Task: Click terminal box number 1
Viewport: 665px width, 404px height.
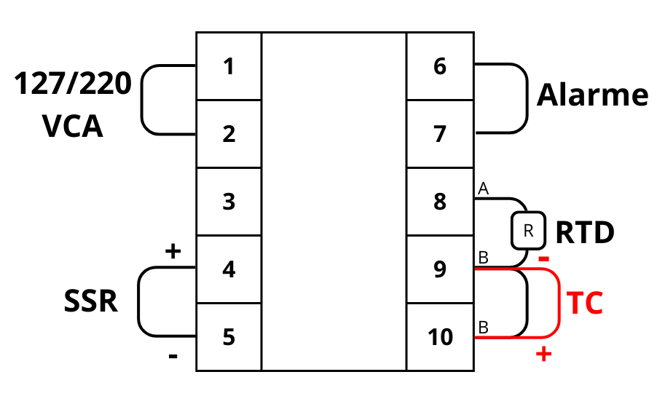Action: point(229,67)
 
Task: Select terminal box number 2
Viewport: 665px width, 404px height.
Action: point(229,134)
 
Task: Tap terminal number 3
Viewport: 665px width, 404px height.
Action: point(229,202)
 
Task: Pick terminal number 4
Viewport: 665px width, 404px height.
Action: point(229,269)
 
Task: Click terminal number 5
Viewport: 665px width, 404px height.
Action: point(229,337)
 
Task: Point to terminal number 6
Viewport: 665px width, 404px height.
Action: point(439,67)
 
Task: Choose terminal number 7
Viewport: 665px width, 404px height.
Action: point(439,134)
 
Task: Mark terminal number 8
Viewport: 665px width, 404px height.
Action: point(439,202)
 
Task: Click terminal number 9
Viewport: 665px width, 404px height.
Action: point(439,269)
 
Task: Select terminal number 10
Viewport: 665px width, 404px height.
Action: point(439,337)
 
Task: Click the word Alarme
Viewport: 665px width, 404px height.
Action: point(592,95)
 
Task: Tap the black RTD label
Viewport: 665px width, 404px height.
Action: point(585,233)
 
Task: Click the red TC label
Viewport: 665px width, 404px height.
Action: point(585,304)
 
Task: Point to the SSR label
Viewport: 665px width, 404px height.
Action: point(91,300)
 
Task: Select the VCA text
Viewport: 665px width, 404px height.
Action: point(73,127)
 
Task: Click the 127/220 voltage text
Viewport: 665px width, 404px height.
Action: point(73,85)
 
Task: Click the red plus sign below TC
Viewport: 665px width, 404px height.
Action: point(543,355)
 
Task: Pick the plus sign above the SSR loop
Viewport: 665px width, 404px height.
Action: point(173,252)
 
